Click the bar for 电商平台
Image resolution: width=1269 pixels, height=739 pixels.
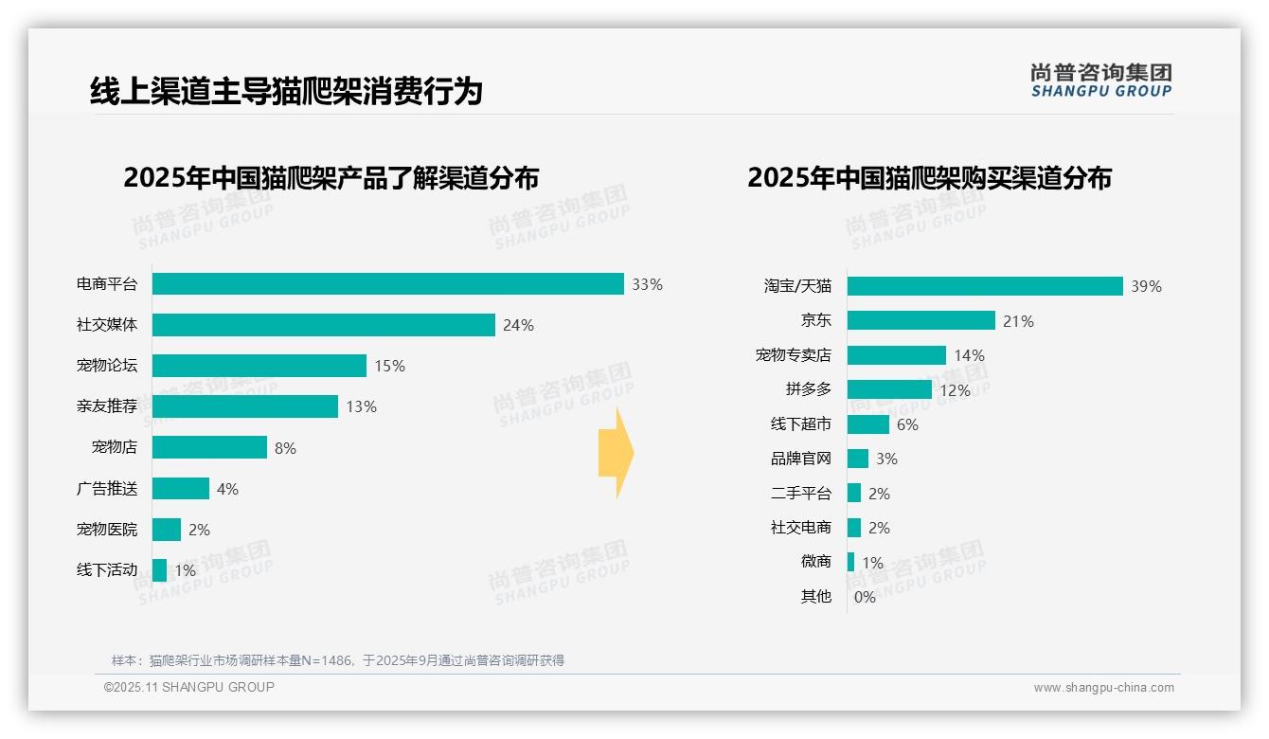(x=387, y=284)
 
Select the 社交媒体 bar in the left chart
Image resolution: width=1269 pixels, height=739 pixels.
(x=323, y=325)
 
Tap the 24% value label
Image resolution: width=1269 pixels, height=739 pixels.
(x=518, y=325)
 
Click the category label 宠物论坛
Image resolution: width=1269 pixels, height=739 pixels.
(x=107, y=366)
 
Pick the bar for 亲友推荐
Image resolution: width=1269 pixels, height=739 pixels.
(x=244, y=406)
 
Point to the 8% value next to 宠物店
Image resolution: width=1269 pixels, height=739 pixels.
(x=285, y=448)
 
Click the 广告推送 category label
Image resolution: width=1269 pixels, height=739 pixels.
(x=107, y=489)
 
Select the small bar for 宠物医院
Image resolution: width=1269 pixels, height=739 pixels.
(x=166, y=530)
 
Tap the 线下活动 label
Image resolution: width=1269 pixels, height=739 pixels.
(x=107, y=570)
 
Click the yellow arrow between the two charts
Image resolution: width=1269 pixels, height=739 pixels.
(x=616, y=453)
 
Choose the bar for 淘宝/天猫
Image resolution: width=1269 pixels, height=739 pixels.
(x=984, y=286)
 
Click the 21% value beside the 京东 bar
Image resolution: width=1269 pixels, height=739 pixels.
(x=1018, y=321)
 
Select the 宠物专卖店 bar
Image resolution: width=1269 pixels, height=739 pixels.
(x=896, y=355)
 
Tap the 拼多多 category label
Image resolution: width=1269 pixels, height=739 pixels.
(x=808, y=389)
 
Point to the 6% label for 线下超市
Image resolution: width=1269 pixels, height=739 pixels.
(x=907, y=424)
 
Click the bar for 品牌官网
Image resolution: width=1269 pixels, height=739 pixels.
(x=857, y=459)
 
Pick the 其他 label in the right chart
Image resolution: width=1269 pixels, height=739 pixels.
(x=815, y=597)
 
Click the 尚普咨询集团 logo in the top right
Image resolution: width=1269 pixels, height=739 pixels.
(x=1100, y=80)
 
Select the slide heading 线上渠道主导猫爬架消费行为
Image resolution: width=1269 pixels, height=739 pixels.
(x=286, y=91)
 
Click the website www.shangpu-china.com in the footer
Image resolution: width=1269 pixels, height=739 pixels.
(x=1103, y=688)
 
